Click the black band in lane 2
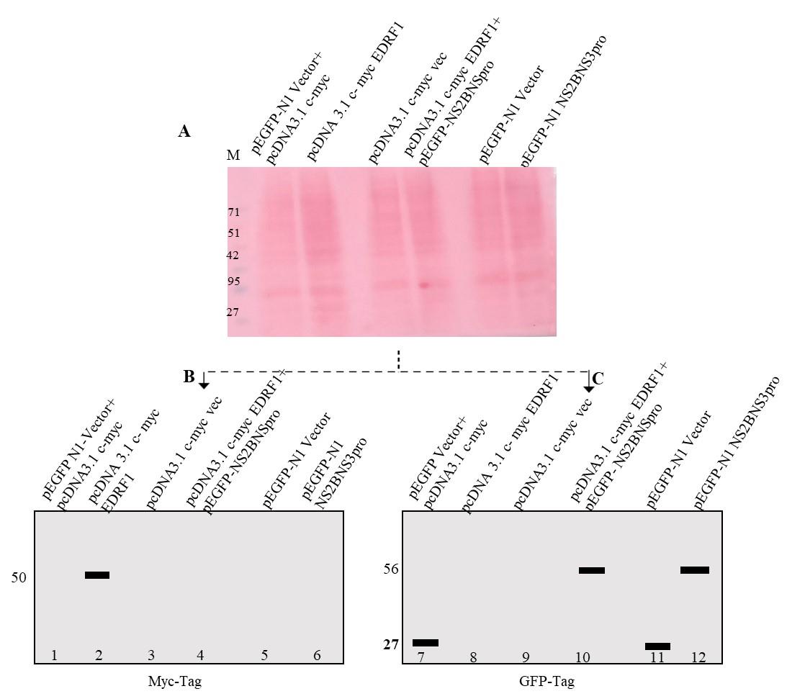click(x=97, y=575)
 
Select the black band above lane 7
click(x=426, y=642)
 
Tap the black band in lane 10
click(x=591, y=570)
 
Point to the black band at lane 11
click(x=657, y=646)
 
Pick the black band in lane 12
click(x=695, y=570)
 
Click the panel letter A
click(x=185, y=131)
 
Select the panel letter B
click(x=189, y=376)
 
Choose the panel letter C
click(x=598, y=376)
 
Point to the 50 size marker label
click(x=19, y=577)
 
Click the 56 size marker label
click(x=391, y=569)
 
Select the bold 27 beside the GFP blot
click(x=390, y=644)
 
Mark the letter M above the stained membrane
click(x=233, y=155)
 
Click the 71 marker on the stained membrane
click(x=233, y=212)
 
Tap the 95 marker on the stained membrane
click(x=233, y=281)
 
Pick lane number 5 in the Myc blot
click(x=264, y=655)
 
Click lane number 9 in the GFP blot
click(x=526, y=657)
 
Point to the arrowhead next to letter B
click(x=204, y=384)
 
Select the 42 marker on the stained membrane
click(x=233, y=256)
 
